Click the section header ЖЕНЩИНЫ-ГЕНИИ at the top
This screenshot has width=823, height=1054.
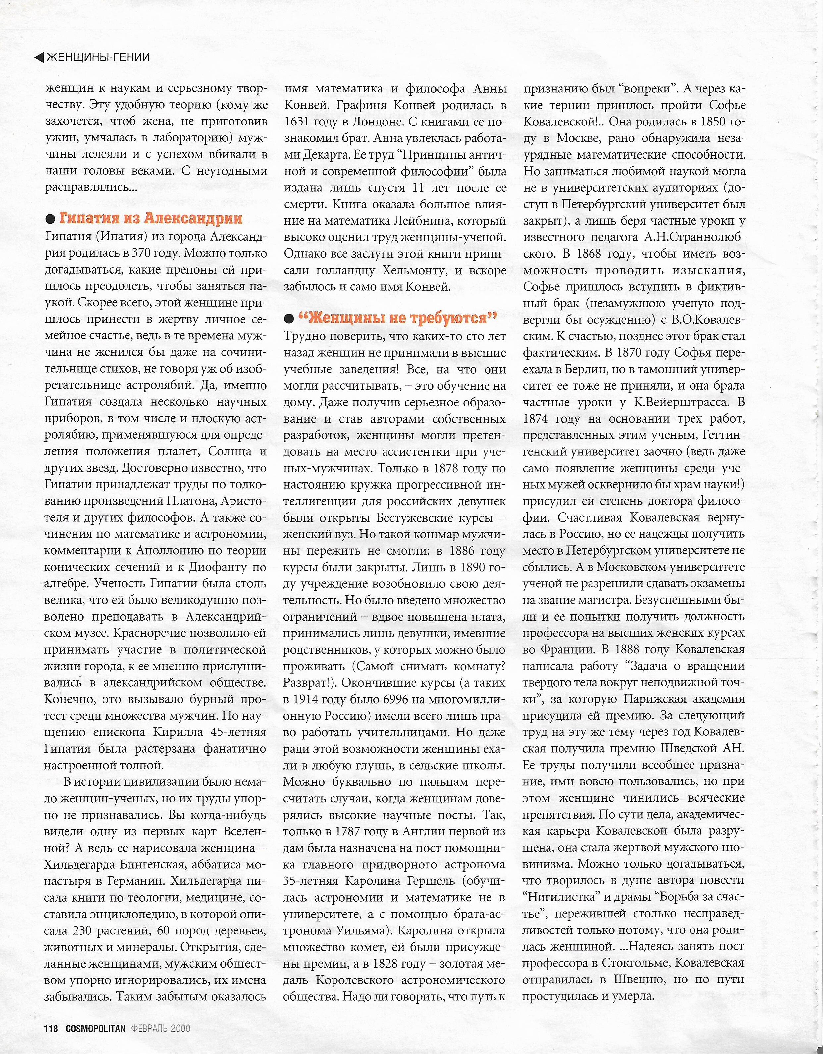(98, 57)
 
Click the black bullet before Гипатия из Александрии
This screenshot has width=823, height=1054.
(50, 220)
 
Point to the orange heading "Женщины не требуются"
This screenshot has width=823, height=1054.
(398, 319)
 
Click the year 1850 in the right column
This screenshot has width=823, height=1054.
(713, 122)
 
